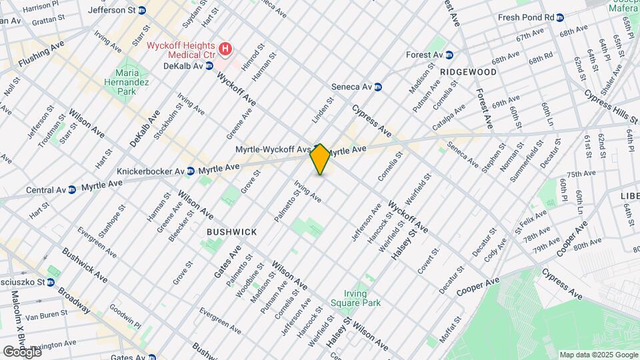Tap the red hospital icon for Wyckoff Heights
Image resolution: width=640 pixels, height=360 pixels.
click(226, 49)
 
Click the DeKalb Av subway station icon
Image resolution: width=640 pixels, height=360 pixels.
click(209, 65)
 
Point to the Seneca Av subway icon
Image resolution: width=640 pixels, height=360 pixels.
click(378, 87)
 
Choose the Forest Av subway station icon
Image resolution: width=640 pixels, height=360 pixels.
click(449, 55)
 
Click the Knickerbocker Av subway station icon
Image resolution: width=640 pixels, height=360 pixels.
click(191, 171)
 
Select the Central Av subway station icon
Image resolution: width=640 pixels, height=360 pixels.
click(71, 190)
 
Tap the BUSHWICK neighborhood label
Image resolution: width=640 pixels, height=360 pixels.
click(231, 232)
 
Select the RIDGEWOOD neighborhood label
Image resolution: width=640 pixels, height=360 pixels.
click(467, 71)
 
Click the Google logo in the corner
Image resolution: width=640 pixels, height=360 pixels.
click(22, 351)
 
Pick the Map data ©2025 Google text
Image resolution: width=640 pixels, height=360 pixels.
click(598, 355)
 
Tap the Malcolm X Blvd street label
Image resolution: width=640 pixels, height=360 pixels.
click(17, 319)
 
